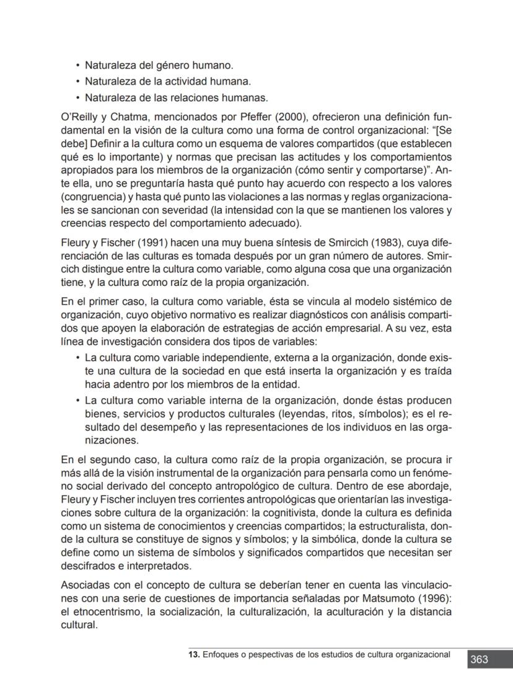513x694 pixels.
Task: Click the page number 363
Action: [x=479, y=660]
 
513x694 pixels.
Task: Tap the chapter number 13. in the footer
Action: [x=195, y=654]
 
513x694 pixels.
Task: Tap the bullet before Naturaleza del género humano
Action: [x=77, y=65]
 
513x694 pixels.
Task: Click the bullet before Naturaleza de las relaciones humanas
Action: [x=77, y=97]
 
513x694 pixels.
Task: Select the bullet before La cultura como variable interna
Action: [x=77, y=401]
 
